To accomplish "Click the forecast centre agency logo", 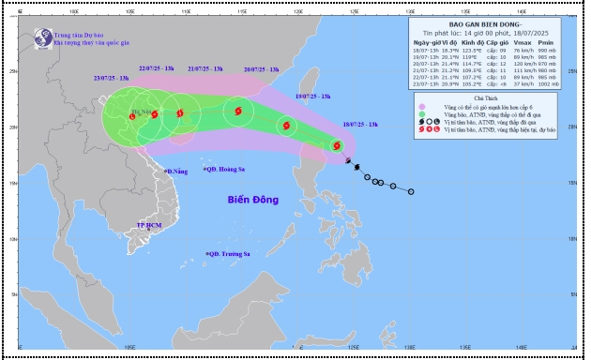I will pyautogui.click(x=42, y=37).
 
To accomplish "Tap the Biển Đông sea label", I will pyautogui.click(x=255, y=200).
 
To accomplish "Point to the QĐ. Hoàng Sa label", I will pyautogui.click(x=231, y=171).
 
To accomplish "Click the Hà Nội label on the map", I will pyautogui.click(x=145, y=112).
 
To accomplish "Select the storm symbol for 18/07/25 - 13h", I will pyautogui.click(x=336, y=145).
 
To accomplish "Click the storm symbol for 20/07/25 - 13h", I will pyautogui.click(x=236, y=112).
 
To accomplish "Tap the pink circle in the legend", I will pyautogui.click(x=424, y=106).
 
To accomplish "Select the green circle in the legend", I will pyautogui.click(x=424, y=113).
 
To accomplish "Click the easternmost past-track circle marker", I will pyautogui.click(x=411, y=191).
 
